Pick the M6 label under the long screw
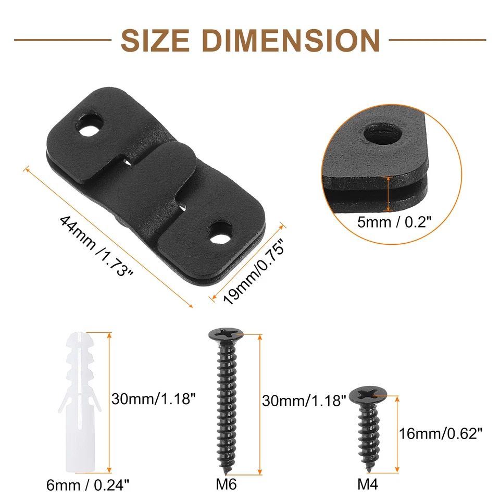[x=226, y=485]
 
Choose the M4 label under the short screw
[x=368, y=485]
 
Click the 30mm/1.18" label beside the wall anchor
[x=154, y=399]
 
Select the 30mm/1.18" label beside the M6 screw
[x=304, y=401]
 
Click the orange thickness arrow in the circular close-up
[x=387, y=193]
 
